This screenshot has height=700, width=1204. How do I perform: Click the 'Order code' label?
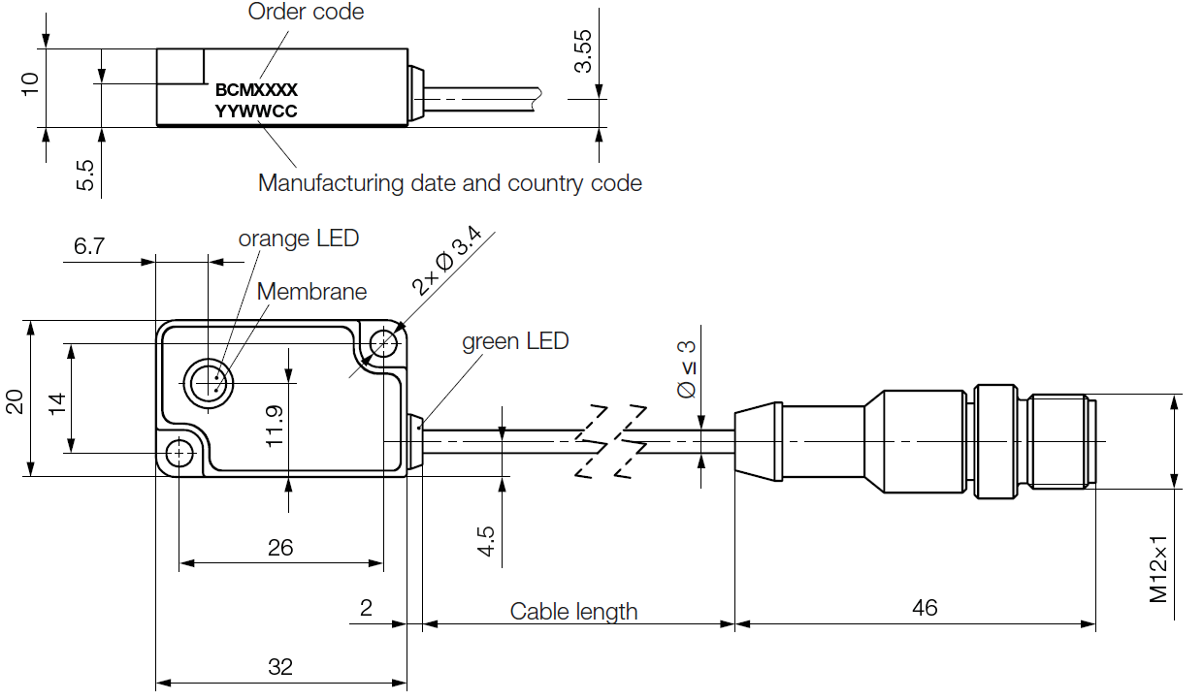coord(306,12)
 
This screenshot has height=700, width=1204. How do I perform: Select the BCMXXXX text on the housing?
coord(256,89)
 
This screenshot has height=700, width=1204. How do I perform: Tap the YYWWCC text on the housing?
coord(256,111)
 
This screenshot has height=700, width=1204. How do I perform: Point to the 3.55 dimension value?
coord(583,50)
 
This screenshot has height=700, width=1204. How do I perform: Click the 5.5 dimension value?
coord(85,175)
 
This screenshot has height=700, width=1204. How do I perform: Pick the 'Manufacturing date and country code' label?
coord(449,182)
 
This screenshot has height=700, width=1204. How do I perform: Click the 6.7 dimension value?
coord(89,246)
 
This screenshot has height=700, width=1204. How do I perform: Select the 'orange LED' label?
coord(299,238)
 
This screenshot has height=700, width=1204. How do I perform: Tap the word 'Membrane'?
coord(311,291)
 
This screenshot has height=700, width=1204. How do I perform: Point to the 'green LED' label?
coord(514,341)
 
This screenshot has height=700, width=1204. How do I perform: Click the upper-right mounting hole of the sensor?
coord(386,342)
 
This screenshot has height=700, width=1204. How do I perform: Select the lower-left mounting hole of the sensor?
coord(179,453)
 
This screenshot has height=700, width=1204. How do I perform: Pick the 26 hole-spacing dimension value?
coord(280,548)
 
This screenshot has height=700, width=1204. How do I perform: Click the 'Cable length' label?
coord(573,611)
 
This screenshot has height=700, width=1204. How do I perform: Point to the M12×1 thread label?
coord(1159,568)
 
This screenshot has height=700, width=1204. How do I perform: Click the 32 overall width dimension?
coord(280,667)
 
